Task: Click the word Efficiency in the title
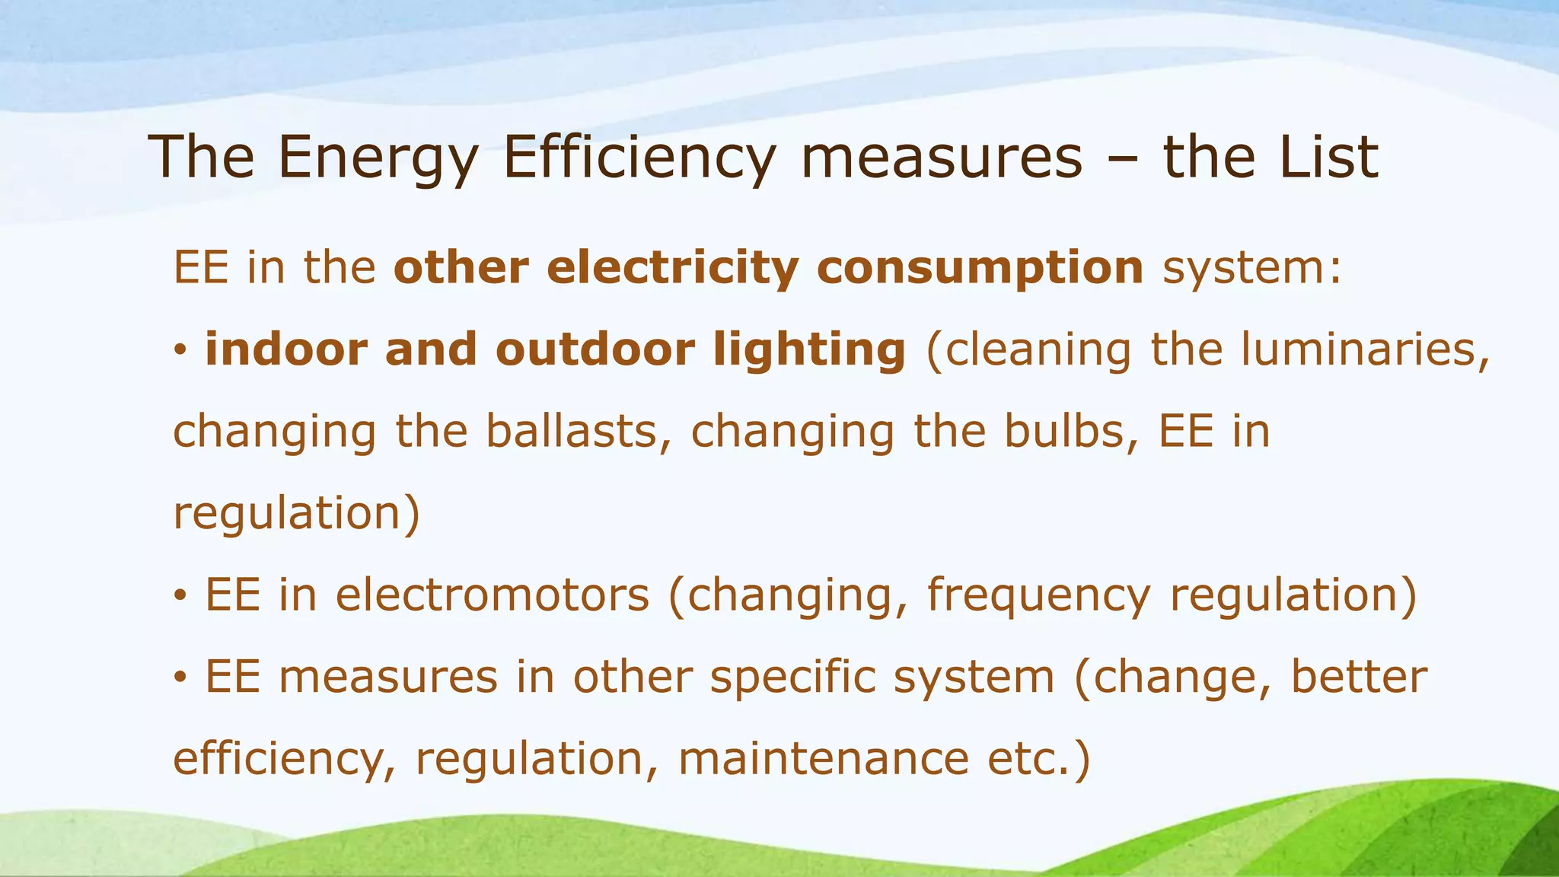tap(639, 157)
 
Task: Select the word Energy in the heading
tap(378, 158)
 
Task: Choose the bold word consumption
tap(980, 269)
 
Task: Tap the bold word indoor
tap(285, 349)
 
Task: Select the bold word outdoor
tap(595, 349)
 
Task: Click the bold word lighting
tap(810, 351)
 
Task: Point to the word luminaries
tap(1364, 350)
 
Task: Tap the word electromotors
tap(493, 595)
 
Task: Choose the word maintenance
tap(823, 759)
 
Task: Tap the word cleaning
tap(1038, 351)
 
